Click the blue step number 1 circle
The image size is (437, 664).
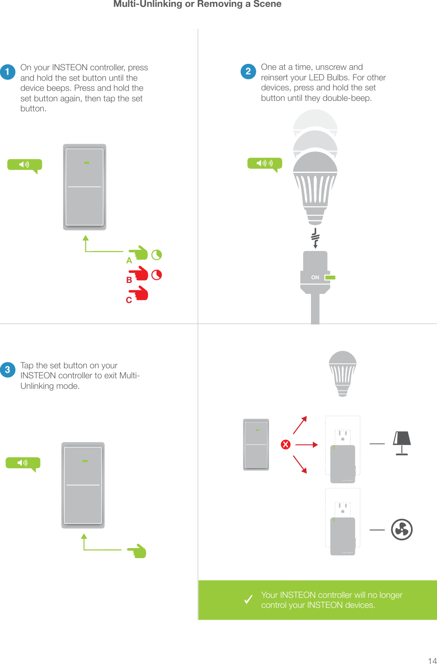point(8,72)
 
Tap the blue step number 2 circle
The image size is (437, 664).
point(248,71)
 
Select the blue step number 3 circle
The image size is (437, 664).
point(8,370)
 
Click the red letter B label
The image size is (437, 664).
point(129,280)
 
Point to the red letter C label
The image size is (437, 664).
point(129,300)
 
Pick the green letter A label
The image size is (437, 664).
point(129,261)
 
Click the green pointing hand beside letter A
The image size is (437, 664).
point(139,253)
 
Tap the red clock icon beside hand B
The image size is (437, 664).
point(157,275)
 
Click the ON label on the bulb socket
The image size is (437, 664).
point(315,277)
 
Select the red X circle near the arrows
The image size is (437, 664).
point(286,444)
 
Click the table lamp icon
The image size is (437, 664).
point(402,443)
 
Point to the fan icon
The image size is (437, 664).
point(402,529)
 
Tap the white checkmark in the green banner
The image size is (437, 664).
point(248,600)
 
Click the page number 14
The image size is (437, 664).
point(432,660)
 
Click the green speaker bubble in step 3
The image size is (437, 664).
point(23,463)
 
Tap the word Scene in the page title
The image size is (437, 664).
point(267,4)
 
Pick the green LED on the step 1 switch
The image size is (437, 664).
point(86,163)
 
